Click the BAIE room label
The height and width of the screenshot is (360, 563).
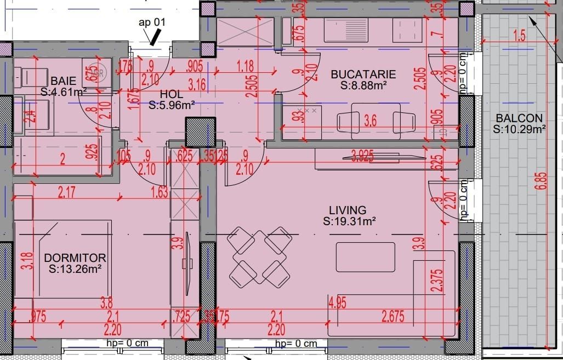click(x=64, y=81)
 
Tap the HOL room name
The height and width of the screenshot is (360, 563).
click(x=171, y=94)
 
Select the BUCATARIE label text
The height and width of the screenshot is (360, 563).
click(x=363, y=75)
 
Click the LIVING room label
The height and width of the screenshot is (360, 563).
click(x=348, y=210)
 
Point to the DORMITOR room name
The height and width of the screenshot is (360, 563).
click(x=75, y=258)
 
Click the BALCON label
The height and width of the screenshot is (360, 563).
click(x=519, y=118)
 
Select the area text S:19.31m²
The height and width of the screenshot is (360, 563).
click(x=349, y=221)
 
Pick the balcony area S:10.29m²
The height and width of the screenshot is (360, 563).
click(x=519, y=129)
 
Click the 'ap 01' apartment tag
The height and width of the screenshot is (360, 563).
click(x=151, y=22)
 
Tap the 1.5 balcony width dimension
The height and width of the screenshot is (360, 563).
click(x=519, y=36)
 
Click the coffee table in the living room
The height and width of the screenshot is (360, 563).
click(x=365, y=257)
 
